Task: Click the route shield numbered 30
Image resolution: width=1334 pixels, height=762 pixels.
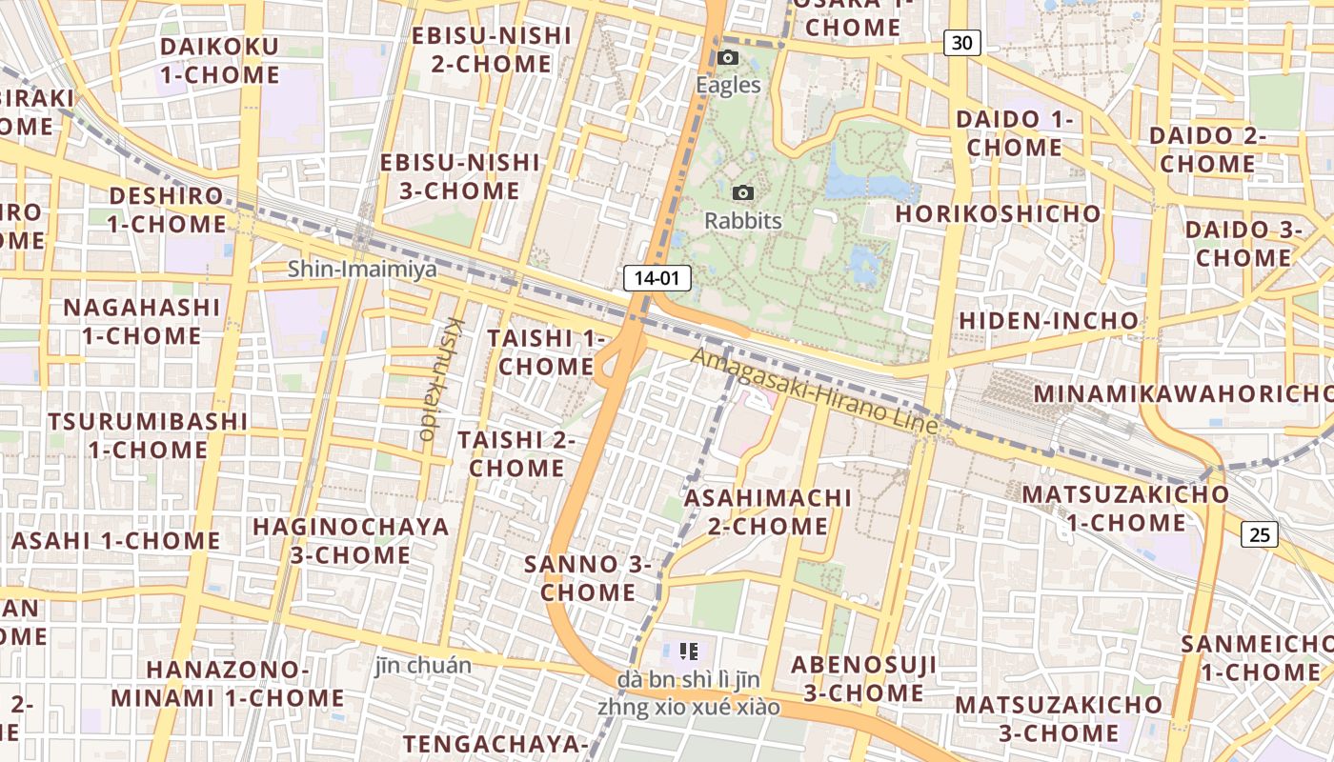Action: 963,42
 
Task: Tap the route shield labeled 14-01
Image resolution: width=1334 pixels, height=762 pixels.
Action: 657,278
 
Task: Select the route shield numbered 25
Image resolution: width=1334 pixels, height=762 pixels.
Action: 1260,534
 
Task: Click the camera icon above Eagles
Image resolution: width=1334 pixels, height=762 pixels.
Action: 729,58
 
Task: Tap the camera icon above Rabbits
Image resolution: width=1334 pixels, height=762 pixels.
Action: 743,193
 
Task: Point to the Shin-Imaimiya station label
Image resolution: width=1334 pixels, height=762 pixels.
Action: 362,270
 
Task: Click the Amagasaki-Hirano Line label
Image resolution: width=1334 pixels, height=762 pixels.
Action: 815,391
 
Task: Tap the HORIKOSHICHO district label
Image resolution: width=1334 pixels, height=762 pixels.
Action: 998,213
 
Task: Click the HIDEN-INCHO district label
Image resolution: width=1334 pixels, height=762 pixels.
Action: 1048,321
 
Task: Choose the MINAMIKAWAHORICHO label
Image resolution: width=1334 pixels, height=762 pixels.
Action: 1182,393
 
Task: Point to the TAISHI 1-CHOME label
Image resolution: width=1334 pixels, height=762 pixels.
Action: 546,352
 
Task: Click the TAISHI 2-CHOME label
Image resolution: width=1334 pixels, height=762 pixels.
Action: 516,454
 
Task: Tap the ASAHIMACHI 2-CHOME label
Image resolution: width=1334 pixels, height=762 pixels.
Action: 768,511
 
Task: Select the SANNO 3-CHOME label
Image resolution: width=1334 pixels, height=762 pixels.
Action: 588,578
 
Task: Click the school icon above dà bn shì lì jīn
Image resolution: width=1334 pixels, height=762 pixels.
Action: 689,652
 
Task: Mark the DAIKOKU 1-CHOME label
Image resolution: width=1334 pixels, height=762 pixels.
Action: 220,61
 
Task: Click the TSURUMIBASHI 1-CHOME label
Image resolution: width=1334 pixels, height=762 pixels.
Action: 148,435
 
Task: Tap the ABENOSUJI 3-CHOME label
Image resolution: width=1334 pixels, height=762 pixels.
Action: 863,678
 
